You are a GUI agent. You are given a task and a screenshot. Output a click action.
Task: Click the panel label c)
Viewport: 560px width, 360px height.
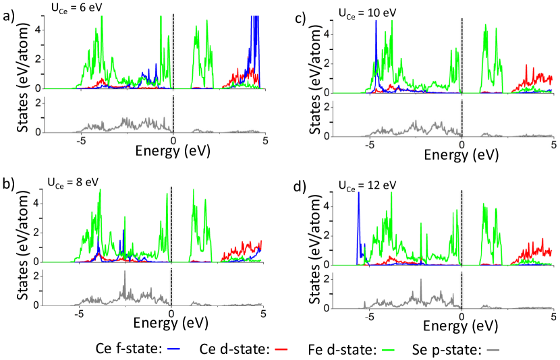302,18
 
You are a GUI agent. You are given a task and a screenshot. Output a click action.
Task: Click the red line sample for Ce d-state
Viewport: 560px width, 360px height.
283,350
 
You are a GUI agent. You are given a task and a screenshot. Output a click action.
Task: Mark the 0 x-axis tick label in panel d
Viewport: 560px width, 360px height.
461,316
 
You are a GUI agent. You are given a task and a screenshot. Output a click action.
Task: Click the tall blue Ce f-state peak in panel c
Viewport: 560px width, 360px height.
376,23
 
